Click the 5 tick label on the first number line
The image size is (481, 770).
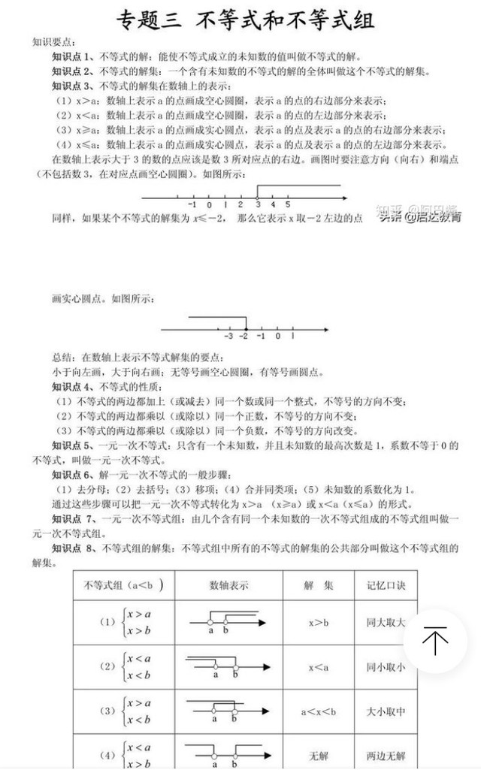pyautogui.click(x=288, y=204)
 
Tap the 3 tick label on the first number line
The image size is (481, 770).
pyautogui.click(x=257, y=204)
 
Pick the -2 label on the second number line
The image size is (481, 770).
pyautogui.click(x=244, y=336)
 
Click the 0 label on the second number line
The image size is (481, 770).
pyautogui.click(x=277, y=336)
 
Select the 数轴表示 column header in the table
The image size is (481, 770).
pyautogui.click(x=228, y=584)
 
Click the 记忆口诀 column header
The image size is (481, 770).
pyautogui.click(x=386, y=584)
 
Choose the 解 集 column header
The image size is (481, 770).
pyautogui.click(x=319, y=584)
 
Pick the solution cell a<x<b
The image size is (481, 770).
pyautogui.click(x=319, y=711)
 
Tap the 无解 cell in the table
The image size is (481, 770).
pyautogui.click(x=319, y=754)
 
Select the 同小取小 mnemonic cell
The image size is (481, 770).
pyautogui.click(x=386, y=667)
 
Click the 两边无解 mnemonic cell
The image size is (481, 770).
pyautogui.click(x=386, y=754)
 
